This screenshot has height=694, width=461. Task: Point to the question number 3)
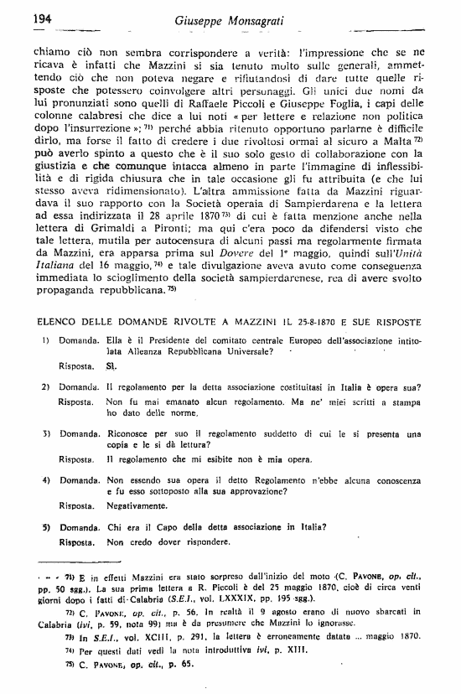47,435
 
